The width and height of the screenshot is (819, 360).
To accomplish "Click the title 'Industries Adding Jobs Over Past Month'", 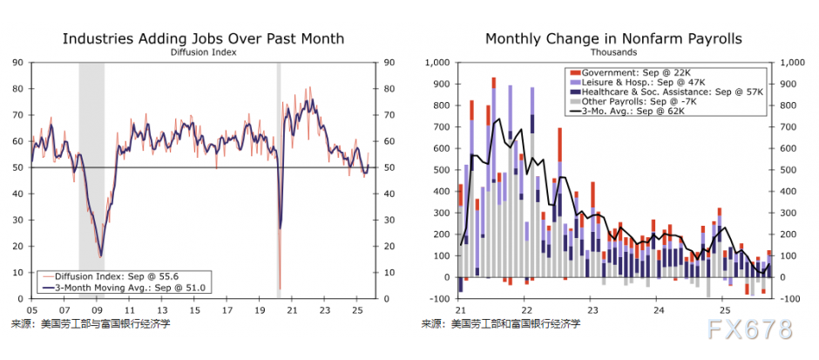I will (x=203, y=38).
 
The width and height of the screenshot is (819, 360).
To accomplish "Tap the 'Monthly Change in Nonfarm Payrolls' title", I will (x=613, y=38).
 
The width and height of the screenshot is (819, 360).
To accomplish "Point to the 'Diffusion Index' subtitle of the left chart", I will (x=203, y=52).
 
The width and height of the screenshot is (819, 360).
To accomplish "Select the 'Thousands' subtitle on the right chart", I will (x=613, y=52).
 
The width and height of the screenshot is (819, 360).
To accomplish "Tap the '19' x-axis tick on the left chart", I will (x=261, y=309).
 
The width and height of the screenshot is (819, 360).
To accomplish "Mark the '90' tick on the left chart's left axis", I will (x=17, y=62).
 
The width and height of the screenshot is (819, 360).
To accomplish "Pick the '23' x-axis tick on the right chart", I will (x=592, y=309).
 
